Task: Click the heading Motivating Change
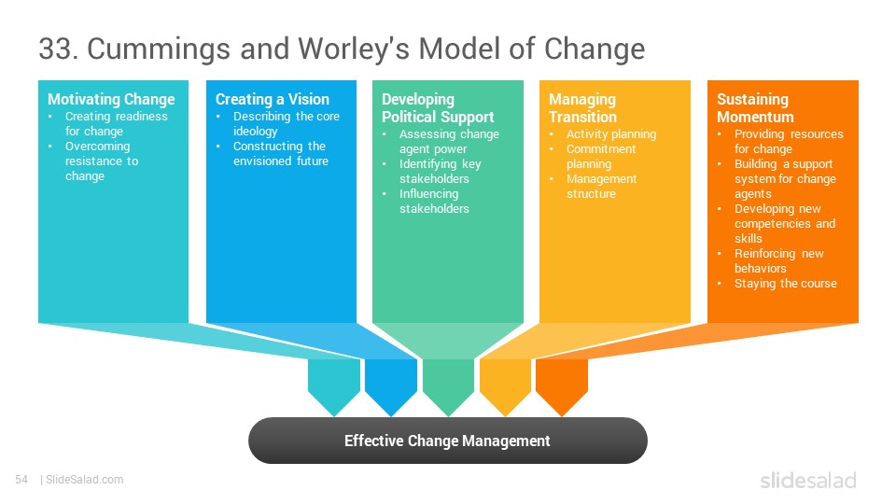pos(111,100)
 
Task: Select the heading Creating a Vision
pos(272,100)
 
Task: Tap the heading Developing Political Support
pos(438,108)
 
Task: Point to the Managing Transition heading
pos(582,108)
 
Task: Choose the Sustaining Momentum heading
pos(755,108)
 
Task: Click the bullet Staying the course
pos(785,284)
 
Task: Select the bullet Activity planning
pos(610,134)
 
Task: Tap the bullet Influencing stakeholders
pos(434,202)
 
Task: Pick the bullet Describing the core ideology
pos(286,123)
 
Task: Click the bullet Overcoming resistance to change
pos(102,161)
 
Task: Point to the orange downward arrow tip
pos(562,416)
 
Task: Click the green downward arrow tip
pos(449,416)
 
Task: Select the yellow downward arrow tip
pos(505,416)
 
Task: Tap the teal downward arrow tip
pos(334,416)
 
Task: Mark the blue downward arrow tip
pos(391,416)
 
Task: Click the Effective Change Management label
pos(447,441)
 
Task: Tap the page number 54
pos(21,480)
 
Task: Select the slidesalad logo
pos(808,480)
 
